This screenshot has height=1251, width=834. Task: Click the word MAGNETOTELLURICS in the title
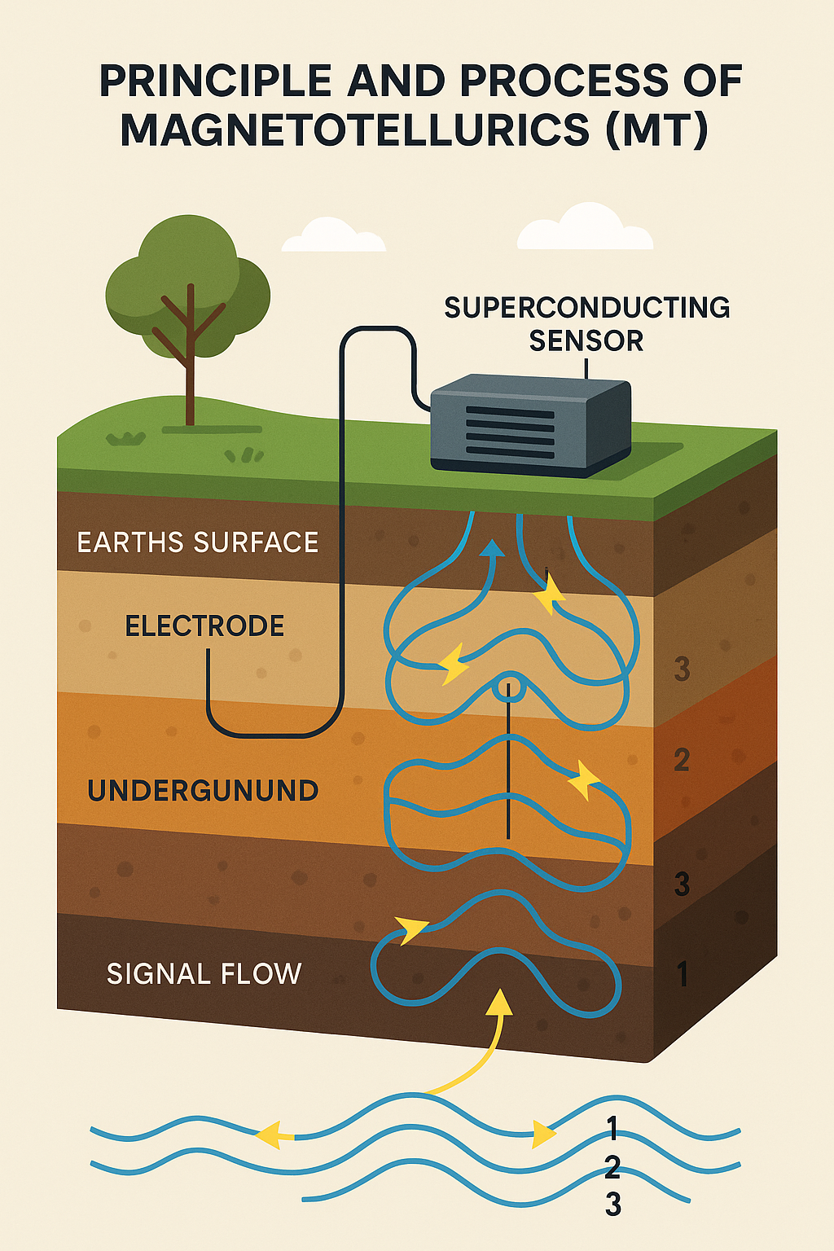tap(357, 130)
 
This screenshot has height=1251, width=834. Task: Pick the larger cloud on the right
tap(585, 228)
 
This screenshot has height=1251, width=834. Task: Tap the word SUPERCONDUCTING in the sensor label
tap(586, 308)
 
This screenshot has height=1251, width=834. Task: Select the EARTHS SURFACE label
tap(198, 542)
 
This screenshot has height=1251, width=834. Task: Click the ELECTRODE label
tap(204, 625)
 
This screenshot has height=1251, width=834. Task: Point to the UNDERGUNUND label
tap(203, 791)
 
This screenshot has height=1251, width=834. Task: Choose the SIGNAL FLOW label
tap(204, 973)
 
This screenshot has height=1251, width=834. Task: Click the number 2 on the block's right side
tap(682, 760)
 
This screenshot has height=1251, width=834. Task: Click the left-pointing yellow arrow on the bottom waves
tap(273, 1135)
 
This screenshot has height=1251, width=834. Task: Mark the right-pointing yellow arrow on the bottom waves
tap(542, 1134)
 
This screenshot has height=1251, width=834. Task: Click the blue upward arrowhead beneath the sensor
tap(491, 548)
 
